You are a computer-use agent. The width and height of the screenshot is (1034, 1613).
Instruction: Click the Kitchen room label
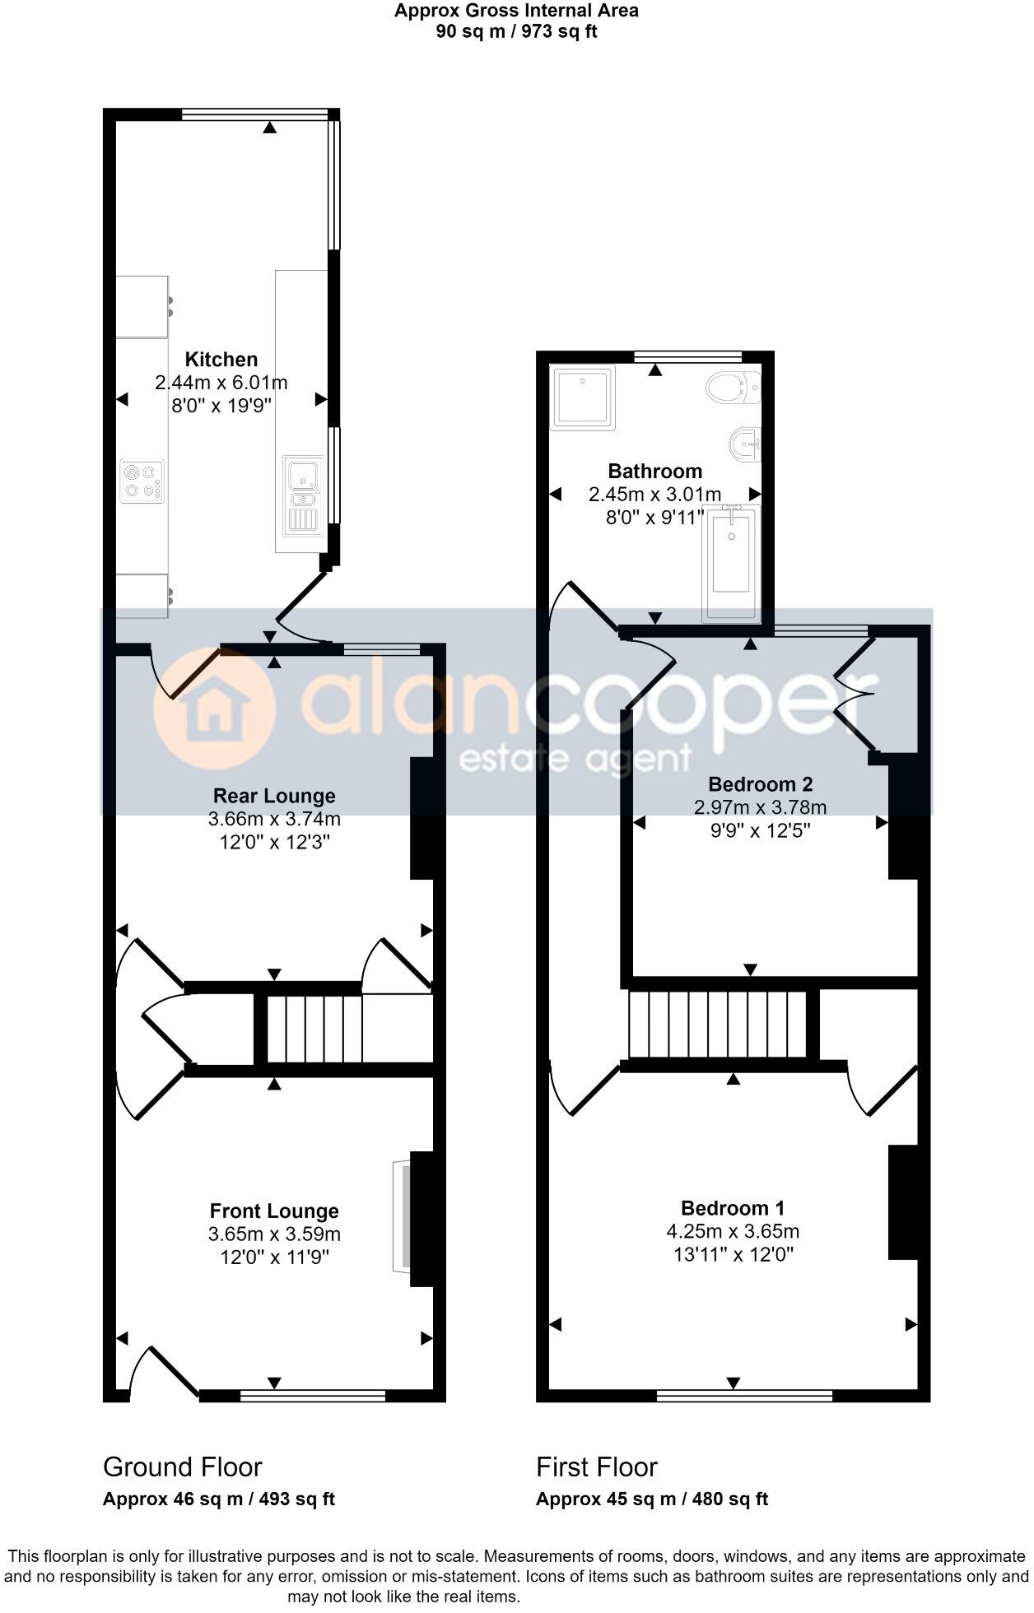(x=221, y=360)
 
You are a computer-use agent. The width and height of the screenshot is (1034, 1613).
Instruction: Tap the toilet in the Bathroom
(x=732, y=387)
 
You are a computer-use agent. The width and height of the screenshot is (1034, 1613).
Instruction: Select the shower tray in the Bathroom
(x=583, y=398)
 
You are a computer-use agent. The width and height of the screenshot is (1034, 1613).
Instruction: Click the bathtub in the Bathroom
(x=730, y=563)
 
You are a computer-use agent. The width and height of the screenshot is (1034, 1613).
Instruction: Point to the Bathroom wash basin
(x=744, y=445)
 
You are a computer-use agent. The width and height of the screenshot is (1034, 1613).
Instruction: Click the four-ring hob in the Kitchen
(x=141, y=481)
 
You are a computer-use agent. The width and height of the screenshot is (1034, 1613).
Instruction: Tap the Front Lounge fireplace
(x=403, y=1216)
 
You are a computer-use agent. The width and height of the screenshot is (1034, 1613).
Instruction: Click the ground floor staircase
(x=314, y=1030)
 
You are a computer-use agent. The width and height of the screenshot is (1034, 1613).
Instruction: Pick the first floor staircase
(x=717, y=1025)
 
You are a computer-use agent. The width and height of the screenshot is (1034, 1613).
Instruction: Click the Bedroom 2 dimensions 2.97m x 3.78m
(x=760, y=807)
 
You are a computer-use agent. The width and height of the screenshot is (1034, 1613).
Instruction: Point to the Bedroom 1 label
(x=732, y=1208)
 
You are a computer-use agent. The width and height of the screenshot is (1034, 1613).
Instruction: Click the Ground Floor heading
(x=182, y=1467)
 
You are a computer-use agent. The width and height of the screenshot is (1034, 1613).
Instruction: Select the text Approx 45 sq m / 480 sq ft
(x=651, y=1499)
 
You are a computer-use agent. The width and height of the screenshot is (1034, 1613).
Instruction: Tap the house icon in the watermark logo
(x=214, y=709)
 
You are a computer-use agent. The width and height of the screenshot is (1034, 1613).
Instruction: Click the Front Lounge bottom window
(x=313, y=1395)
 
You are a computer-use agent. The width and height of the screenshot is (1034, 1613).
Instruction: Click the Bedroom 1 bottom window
(x=744, y=1395)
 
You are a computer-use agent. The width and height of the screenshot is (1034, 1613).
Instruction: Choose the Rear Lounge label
(x=274, y=796)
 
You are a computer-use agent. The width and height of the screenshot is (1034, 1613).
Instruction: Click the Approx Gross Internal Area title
(x=516, y=11)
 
